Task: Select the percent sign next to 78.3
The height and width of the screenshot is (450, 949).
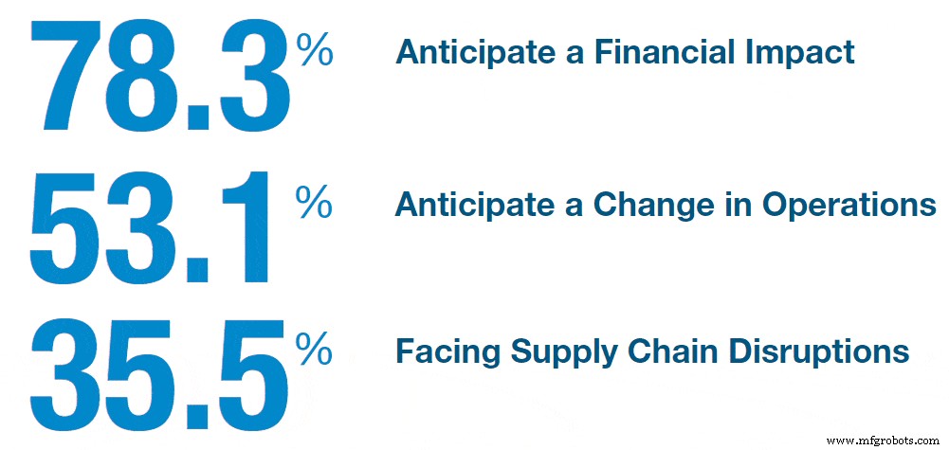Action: point(315,48)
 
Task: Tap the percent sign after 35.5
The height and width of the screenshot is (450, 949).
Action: point(315,351)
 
